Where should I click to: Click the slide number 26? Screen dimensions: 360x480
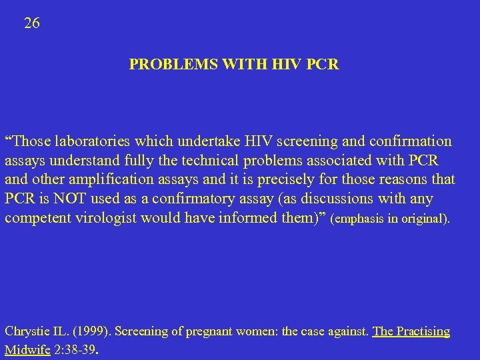pyautogui.click(x=32, y=23)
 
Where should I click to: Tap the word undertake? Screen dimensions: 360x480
pyautogui.click(x=166, y=141)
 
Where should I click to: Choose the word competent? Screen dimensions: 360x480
pyautogui.click(x=36, y=219)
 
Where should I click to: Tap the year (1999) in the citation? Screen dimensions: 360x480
pyautogui.click(x=89, y=331)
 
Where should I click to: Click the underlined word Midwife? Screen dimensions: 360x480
pyautogui.click(x=27, y=349)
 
